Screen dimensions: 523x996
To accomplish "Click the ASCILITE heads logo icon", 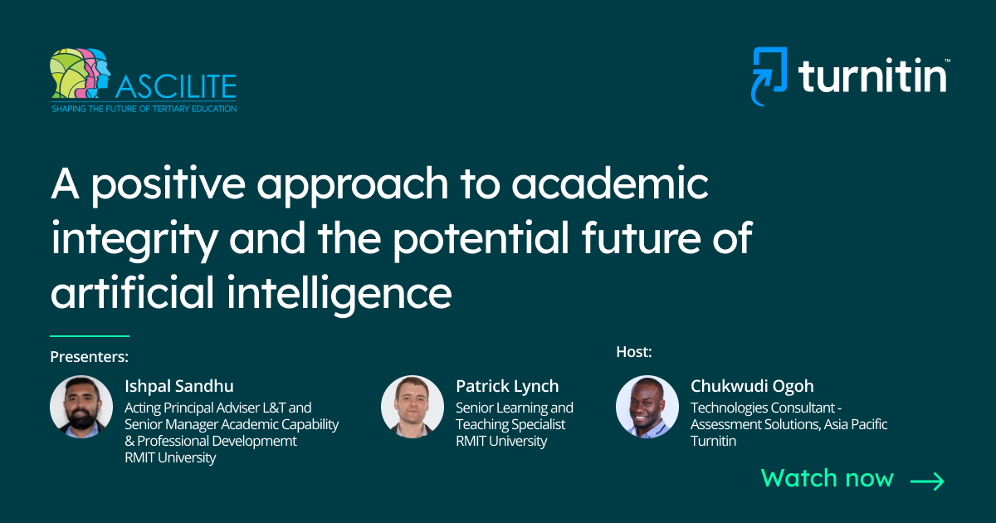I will (x=80, y=75).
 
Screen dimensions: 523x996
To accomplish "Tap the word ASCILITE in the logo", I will (x=175, y=86).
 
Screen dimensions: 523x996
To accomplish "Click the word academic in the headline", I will (x=610, y=185).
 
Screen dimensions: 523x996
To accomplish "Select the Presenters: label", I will (x=90, y=357).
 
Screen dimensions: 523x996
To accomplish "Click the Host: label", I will (x=634, y=351).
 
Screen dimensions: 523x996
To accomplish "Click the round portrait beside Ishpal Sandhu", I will (x=81, y=408).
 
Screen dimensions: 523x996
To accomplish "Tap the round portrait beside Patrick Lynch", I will (x=413, y=408).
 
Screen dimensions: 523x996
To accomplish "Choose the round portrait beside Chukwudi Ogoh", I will (x=647, y=408).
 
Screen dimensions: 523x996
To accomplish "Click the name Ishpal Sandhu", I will (x=179, y=386).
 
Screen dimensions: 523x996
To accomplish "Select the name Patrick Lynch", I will (x=507, y=386).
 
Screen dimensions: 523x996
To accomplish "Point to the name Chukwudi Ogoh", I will (x=752, y=386).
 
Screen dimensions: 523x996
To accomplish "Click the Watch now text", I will (x=827, y=478).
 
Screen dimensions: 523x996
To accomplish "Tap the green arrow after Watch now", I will (x=927, y=481).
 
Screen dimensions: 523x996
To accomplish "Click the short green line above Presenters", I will (x=90, y=336).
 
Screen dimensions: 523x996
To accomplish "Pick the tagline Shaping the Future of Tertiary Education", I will (x=144, y=108).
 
